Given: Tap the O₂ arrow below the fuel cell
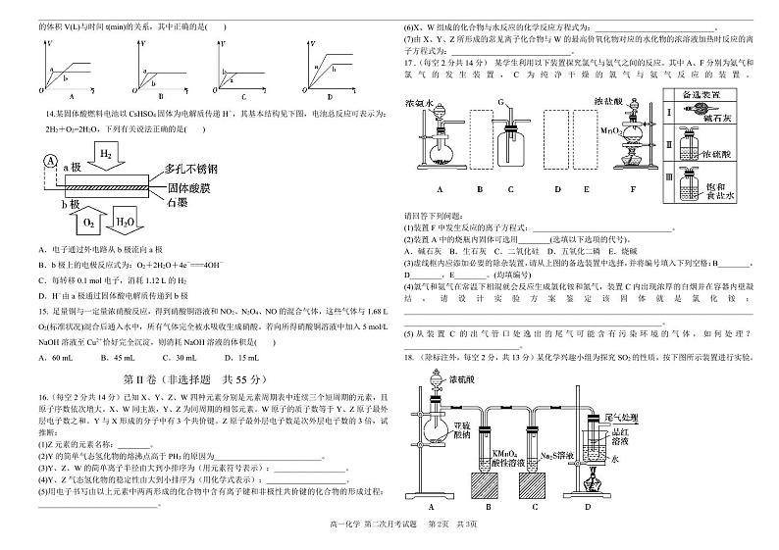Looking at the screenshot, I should [88, 224].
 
